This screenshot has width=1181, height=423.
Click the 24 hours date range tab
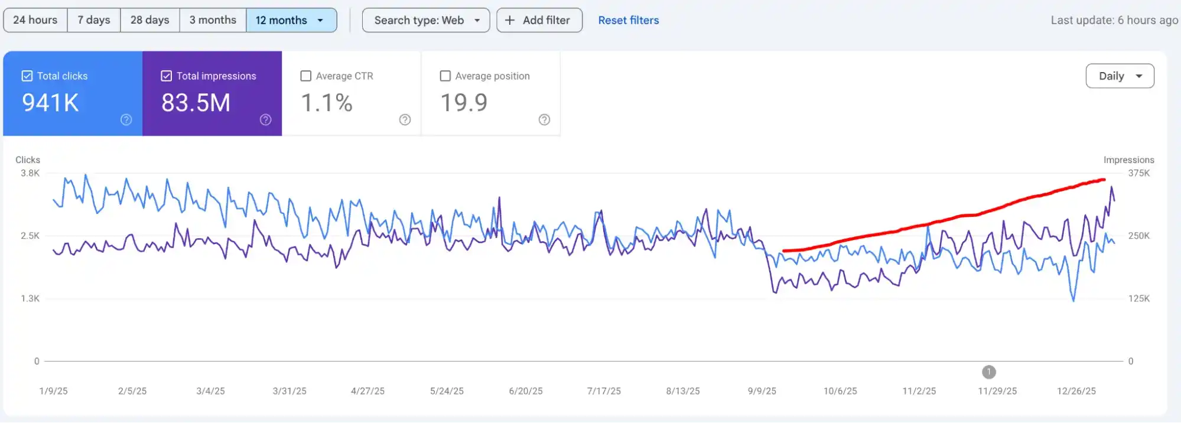[x=35, y=20]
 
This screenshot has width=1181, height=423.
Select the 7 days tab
[x=94, y=20]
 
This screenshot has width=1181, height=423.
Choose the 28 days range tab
[x=149, y=20]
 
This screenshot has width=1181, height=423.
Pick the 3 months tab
[x=213, y=20]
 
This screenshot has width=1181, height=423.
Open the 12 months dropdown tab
[x=291, y=20]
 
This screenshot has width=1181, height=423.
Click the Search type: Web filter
[x=426, y=20]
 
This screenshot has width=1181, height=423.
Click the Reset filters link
[x=628, y=20]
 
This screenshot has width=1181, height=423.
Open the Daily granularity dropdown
[x=1120, y=76]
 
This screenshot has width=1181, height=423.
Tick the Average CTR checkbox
[x=306, y=76]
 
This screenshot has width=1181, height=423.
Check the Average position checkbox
[x=445, y=76]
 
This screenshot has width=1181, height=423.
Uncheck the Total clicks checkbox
[x=27, y=76]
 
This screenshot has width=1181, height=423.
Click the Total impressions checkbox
[x=167, y=76]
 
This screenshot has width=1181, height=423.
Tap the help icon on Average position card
[x=544, y=120]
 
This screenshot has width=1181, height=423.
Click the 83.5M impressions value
[x=196, y=103]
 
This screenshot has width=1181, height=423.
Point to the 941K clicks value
[x=50, y=103]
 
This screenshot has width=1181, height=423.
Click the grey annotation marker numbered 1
[x=988, y=372]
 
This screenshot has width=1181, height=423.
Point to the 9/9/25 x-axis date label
[x=762, y=391]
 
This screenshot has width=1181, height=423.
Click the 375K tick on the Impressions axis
[x=1138, y=173]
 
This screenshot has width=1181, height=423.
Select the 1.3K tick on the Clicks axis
[x=30, y=298]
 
